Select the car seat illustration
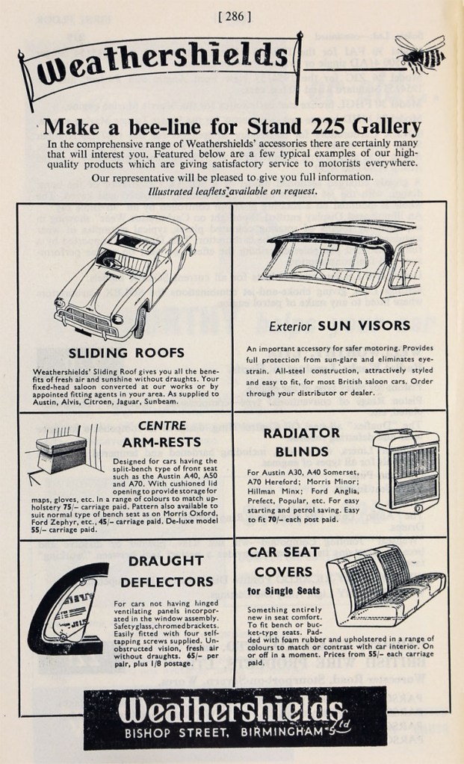click(x=385, y=582)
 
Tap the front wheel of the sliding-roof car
click(x=139, y=322)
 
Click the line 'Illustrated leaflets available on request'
click(x=232, y=191)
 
